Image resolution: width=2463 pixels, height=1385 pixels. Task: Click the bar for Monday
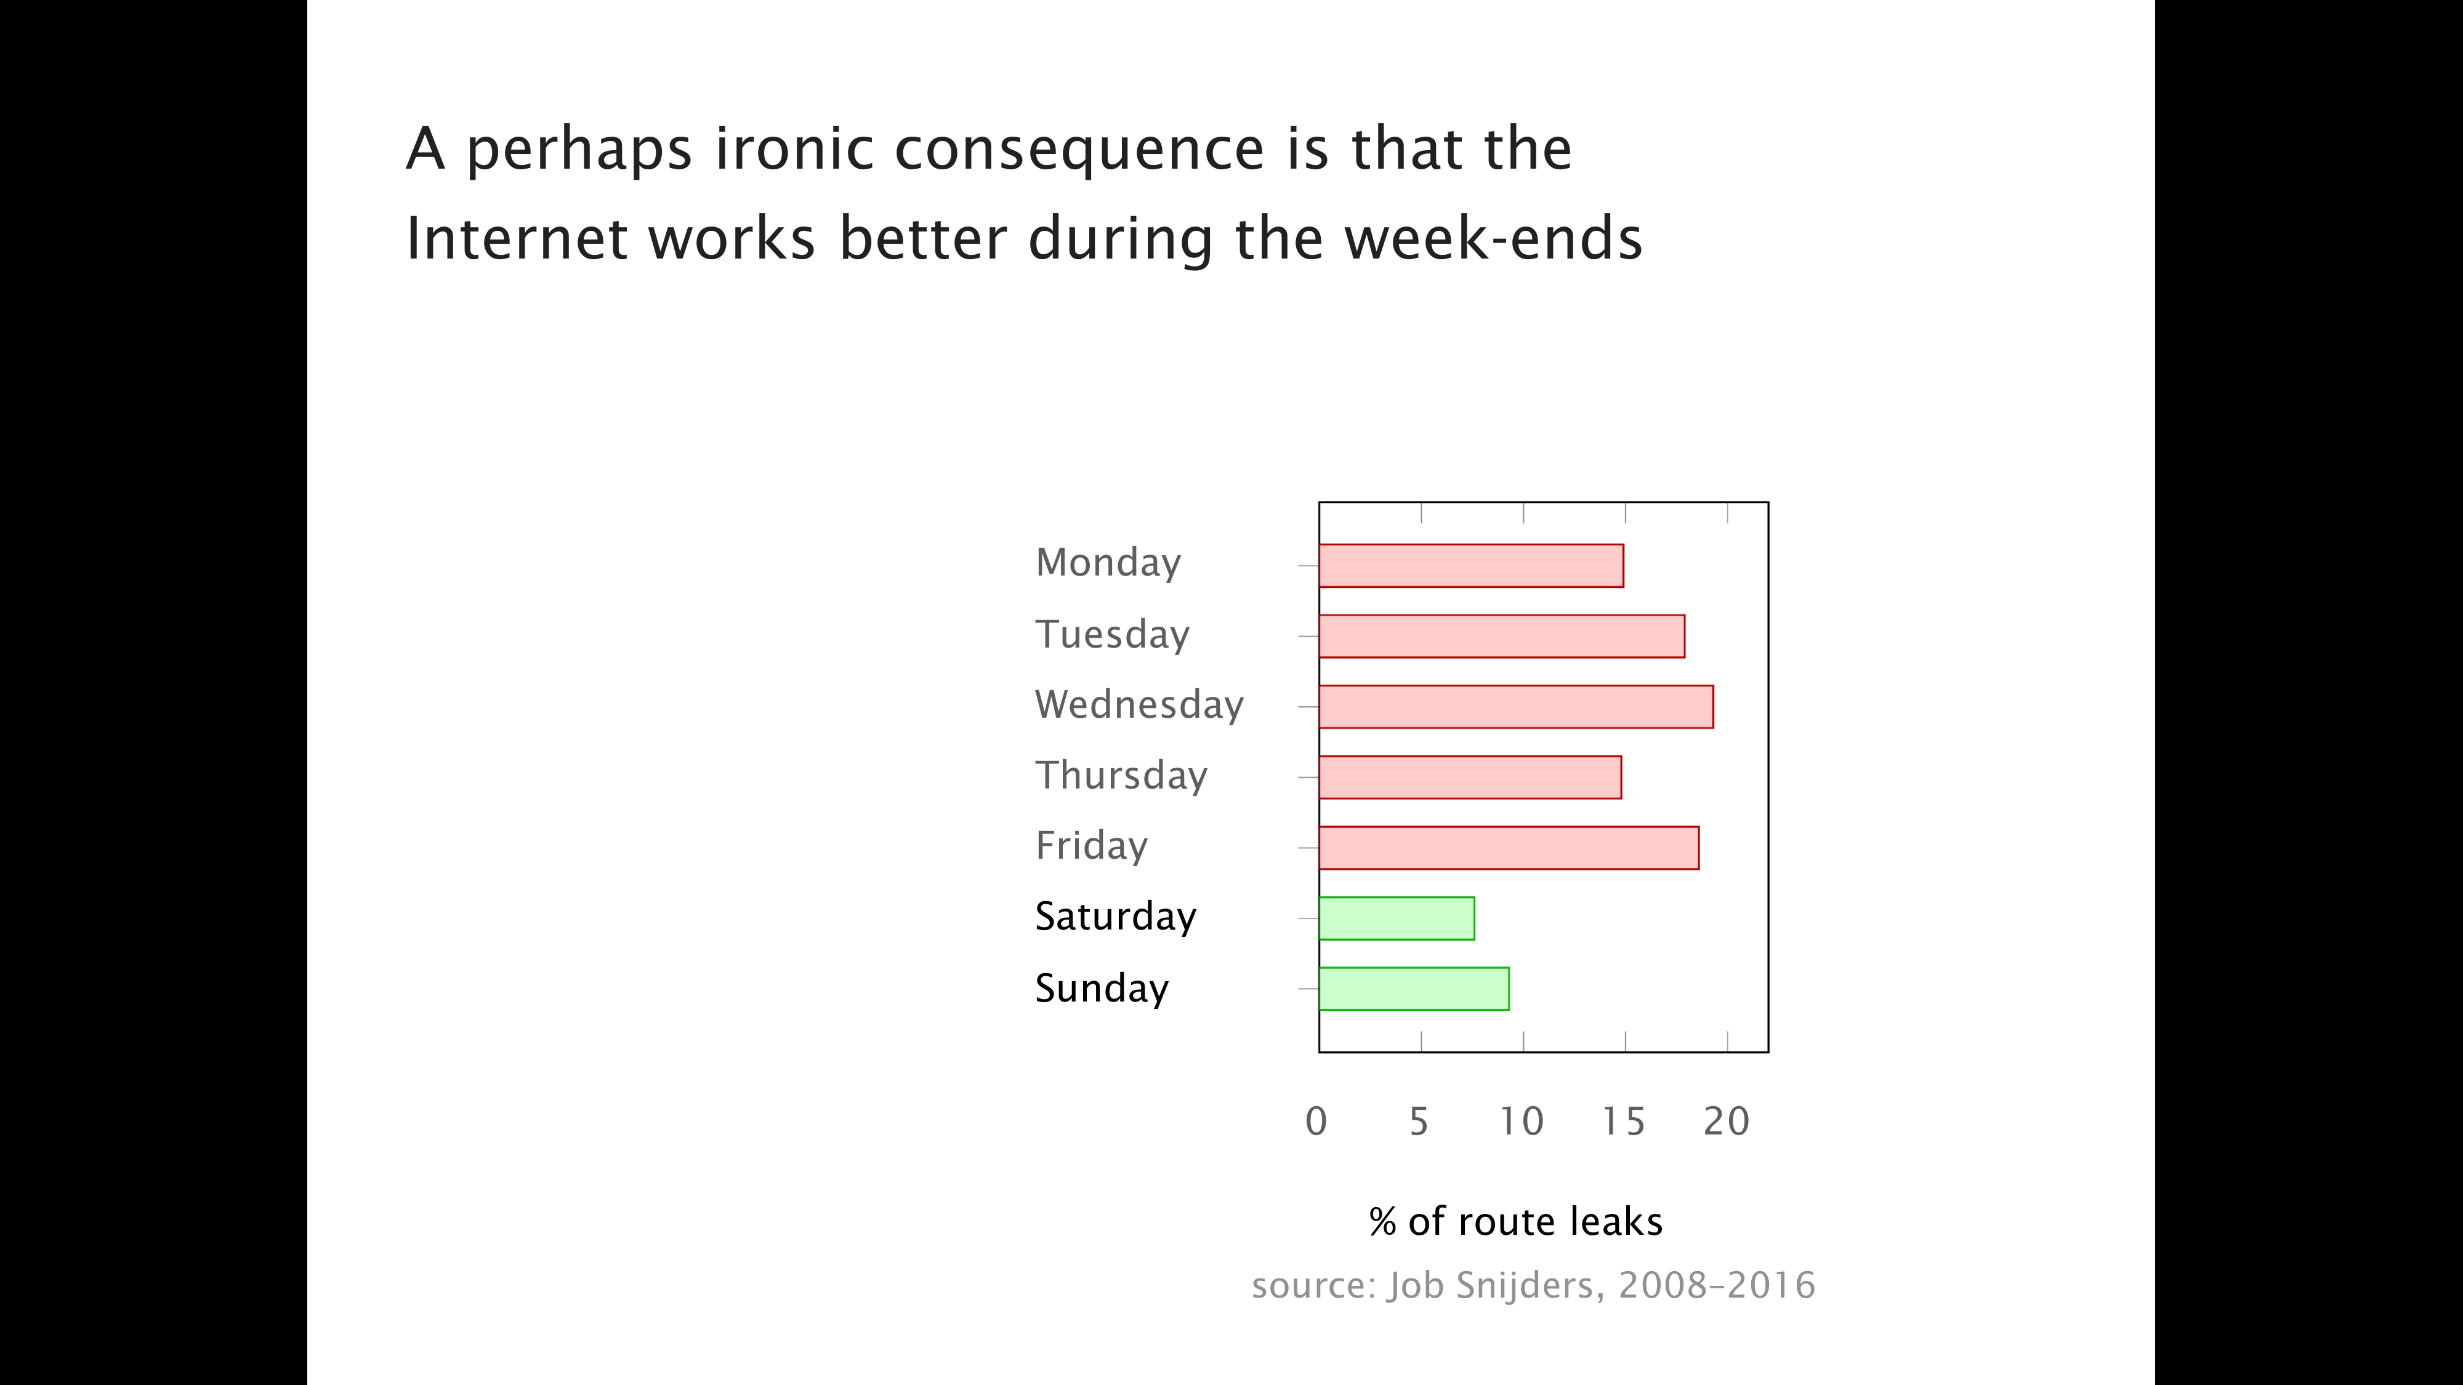(1470, 566)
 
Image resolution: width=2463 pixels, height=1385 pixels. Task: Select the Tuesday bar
(1501, 636)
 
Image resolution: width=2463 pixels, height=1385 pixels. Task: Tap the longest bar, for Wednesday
(1515, 707)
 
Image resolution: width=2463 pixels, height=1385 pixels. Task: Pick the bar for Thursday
(1470, 777)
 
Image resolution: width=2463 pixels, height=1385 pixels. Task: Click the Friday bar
(1509, 848)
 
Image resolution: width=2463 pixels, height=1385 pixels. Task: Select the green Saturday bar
(1396, 918)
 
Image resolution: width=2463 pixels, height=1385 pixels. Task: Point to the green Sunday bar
(1413, 989)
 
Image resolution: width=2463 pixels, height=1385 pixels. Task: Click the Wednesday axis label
(1139, 704)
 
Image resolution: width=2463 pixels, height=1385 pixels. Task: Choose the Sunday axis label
(1102, 989)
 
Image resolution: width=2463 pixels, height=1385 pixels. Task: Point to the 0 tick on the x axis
(1316, 1121)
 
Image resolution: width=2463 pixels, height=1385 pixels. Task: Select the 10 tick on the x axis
(1521, 1121)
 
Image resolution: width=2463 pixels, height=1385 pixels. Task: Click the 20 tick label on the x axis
(1726, 1121)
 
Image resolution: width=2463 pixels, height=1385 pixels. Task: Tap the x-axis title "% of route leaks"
(1515, 1221)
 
